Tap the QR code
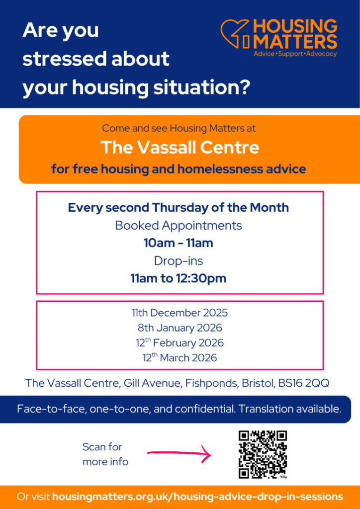pyautogui.click(x=263, y=454)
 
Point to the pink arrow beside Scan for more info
pyautogui.click(x=179, y=453)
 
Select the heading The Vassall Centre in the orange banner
pyautogui.click(x=180, y=147)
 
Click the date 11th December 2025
pyautogui.click(x=180, y=313)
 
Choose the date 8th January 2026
pyautogui.click(x=180, y=328)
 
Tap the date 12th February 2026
pyautogui.click(x=180, y=342)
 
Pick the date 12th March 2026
pyautogui.click(x=180, y=357)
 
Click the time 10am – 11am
pyautogui.click(x=179, y=243)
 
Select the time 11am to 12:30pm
pyautogui.click(x=179, y=278)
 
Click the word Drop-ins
pyautogui.click(x=179, y=260)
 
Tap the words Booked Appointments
pyautogui.click(x=179, y=225)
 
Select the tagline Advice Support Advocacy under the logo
pyautogui.click(x=295, y=54)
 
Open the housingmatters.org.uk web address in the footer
pyautogui.click(x=198, y=497)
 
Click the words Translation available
pyautogui.click(x=290, y=409)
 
